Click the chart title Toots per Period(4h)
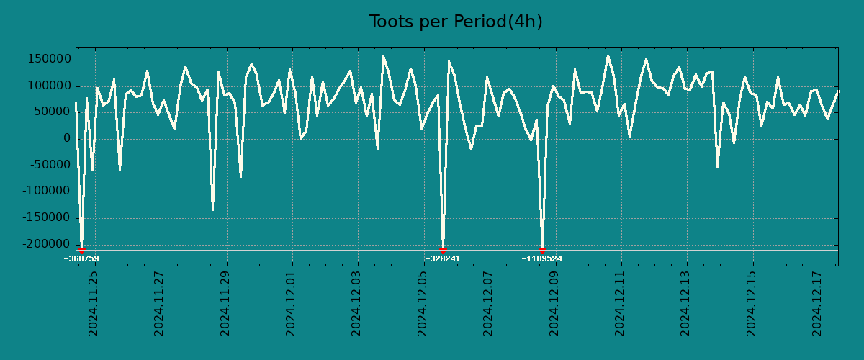tap(456, 22)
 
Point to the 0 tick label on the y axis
tap(67, 139)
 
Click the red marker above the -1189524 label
tap(542, 251)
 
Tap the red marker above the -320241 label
tap(443, 251)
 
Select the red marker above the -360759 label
tap(81, 251)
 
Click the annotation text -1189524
tap(542, 258)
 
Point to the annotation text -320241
tap(443, 258)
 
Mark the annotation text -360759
tap(81, 258)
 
